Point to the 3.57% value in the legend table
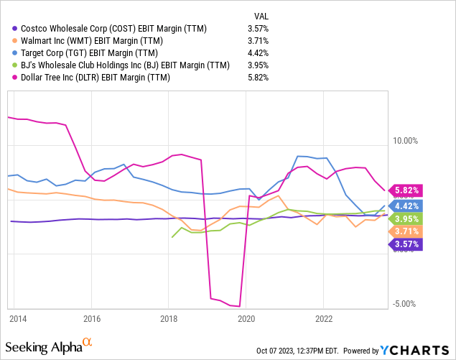(x=257, y=29)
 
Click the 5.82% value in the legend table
(x=257, y=78)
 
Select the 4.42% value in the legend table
(x=257, y=53)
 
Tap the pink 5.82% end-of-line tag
(x=406, y=190)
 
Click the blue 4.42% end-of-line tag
(x=406, y=206)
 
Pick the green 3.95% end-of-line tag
(x=406, y=218)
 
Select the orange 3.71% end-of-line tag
(x=406, y=231)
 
